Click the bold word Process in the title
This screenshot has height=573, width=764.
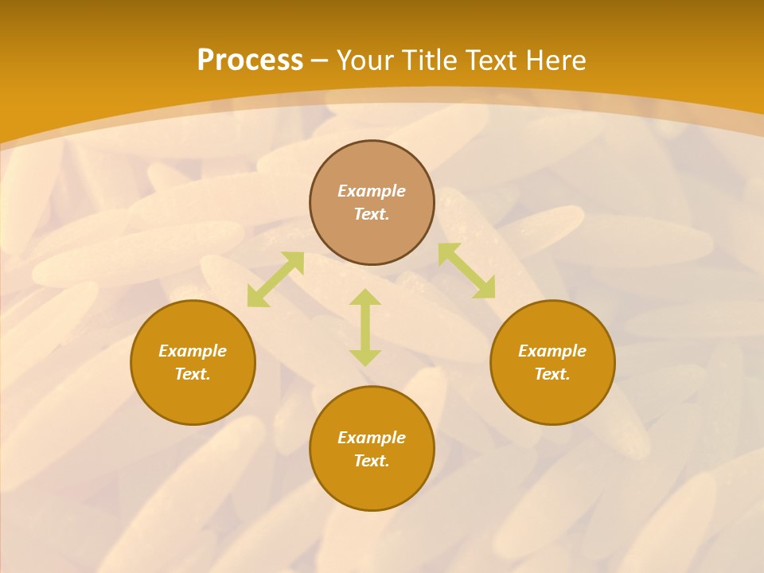click(250, 60)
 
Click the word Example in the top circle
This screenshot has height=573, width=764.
click(372, 191)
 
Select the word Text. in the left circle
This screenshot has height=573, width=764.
click(193, 374)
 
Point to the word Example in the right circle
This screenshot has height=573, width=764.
click(552, 351)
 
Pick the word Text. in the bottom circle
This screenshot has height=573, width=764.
click(372, 461)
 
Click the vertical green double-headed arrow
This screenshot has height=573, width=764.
click(365, 327)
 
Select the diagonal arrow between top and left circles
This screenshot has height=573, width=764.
click(275, 279)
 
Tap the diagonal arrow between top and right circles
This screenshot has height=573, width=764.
click(466, 271)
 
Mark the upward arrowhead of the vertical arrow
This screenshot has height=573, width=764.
click(365, 297)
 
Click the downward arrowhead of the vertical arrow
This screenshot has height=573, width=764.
click(365, 357)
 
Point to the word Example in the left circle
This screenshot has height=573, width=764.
click(193, 351)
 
